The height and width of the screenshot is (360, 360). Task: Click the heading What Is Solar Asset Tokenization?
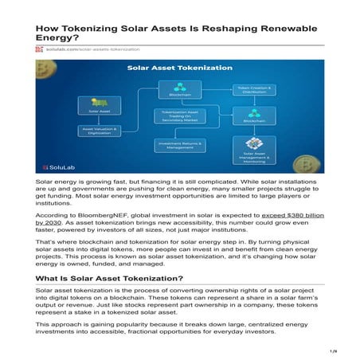[111, 278]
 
